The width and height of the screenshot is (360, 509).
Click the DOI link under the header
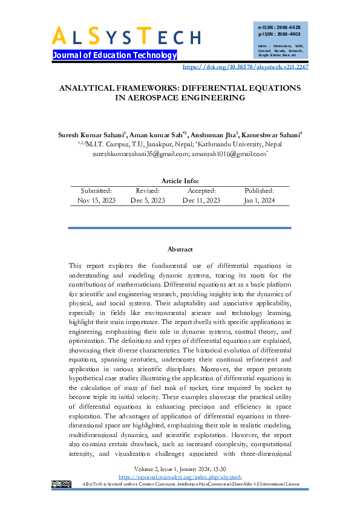[245, 67]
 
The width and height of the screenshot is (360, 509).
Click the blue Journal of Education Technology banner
[115, 56]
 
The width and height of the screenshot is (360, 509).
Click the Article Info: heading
[180, 181]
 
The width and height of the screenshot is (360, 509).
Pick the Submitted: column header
[96, 190]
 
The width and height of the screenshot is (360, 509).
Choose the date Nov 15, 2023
[96, 200]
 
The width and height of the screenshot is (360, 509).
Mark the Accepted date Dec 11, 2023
[201, 200]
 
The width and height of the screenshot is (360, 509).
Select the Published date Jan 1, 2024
[260, 200]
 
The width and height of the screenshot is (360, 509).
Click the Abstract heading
[180, 249]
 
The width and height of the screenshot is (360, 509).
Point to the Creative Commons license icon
[62, 484]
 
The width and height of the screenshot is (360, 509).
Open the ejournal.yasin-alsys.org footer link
[180, 477]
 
